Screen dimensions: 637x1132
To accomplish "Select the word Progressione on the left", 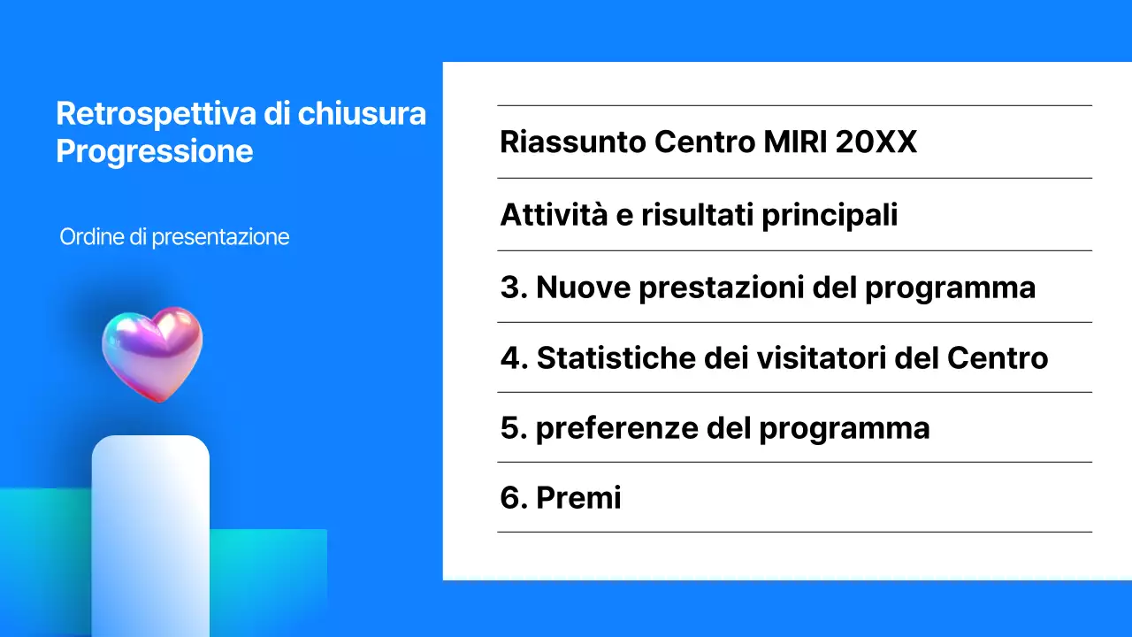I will click(155, 151).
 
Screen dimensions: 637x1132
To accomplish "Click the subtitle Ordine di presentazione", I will click(174, 237).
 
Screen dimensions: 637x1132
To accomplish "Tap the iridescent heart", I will click(152, 352).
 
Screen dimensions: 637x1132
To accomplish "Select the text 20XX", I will click(876, 142).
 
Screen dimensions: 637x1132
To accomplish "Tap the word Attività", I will click(555, 215).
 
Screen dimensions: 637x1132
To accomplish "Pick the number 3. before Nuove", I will click(514, 288).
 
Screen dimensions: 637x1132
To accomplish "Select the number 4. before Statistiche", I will click(514, 358).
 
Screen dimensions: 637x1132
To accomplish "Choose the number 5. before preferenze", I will click(514, 429).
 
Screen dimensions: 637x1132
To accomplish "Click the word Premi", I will click(578, 498).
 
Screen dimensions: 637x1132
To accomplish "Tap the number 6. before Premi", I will click(514, 498).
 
